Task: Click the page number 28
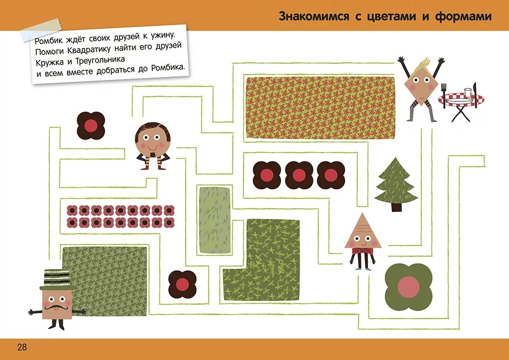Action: pyautogui.click(x=22, y=347)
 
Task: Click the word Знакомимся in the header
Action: pyautogui.click(x=314, y=16)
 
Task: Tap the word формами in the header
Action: pyautogui.click(x=463, y=16)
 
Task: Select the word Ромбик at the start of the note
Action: pyautogui.click(x=50, y=39)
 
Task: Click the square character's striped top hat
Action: pyautogui.click(x=55, y=279)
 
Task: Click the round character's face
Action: pyautogui.click(x=152, y=139)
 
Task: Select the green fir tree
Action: pyautogui.click(x=395, y=183)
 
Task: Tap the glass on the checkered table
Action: pyautogui.click(x=468, y=93)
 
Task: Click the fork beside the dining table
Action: pyautogui.click(x=443, y=95)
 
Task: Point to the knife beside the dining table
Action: pyautogui.click(x=475, y=94)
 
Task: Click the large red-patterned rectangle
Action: pyautogui.click(x=320, y=107)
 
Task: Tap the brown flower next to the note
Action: pyautogui.click(x=91, y=125)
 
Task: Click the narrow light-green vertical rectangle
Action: pyautogui.click(x=214, y=220)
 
